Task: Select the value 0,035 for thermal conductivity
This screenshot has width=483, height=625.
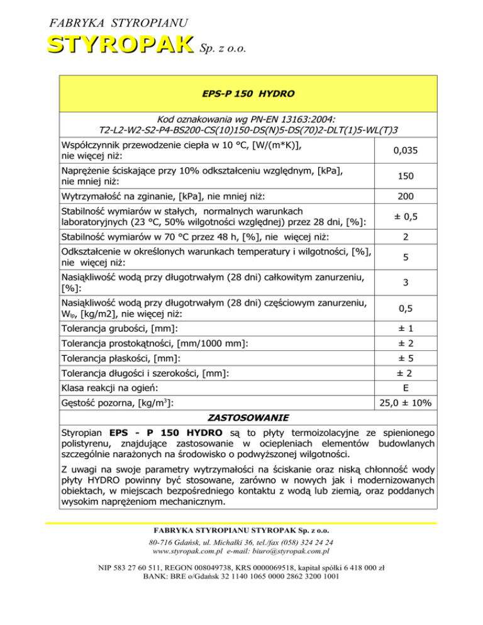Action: click(406, 152)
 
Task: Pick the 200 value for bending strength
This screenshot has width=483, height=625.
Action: click(406, 197)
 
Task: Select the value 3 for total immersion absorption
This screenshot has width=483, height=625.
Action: click(406, 284)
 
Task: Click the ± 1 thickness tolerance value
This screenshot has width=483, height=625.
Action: click(406, 329)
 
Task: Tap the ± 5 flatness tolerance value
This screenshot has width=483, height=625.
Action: click(406, 358)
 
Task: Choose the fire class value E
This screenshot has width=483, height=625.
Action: click(406, 388)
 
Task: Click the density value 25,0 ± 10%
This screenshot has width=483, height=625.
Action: click(406, 403)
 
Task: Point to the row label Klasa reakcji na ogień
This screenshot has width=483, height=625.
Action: click(109, 388)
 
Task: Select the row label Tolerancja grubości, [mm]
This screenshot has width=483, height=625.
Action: click(119, 329)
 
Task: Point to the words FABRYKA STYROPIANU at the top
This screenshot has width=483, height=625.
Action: click(118, 23)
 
